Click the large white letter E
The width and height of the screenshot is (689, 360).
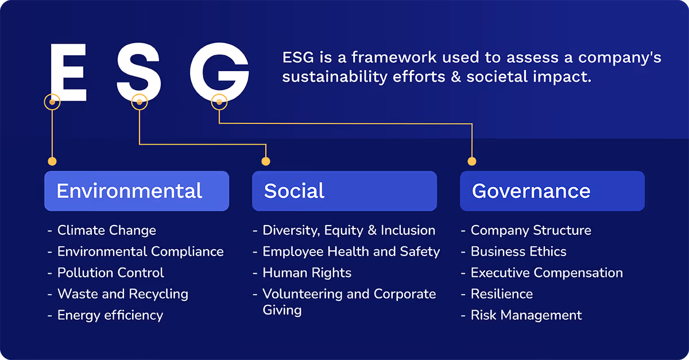tap(68, 73)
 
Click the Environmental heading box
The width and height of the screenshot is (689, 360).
tap(137, 191)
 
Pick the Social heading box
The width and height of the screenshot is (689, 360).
tap(344, 191)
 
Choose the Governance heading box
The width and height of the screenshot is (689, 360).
tap(552, 191)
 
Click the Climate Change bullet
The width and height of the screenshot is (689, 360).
tap(107, 231)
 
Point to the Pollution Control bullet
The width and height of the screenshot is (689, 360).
tap(111, 273)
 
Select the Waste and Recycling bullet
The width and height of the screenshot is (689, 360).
tap(123, 294)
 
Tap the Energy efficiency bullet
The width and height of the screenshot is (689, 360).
tap(110, 315)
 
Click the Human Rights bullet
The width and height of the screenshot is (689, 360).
tap(307, 273)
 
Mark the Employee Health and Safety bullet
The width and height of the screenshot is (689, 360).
tap(351, 251)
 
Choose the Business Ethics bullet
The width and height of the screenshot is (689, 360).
tap(518, 251)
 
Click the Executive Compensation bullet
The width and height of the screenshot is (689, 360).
tap(547, 273)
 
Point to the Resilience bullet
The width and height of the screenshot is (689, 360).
tap(502, 294)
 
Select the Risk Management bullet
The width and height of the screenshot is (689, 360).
tap(526, 315)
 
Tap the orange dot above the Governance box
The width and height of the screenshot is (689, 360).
tap(472, 161)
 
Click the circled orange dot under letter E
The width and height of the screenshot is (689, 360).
tap(52, 102)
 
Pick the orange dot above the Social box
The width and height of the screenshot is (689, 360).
tap(265, 161)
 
